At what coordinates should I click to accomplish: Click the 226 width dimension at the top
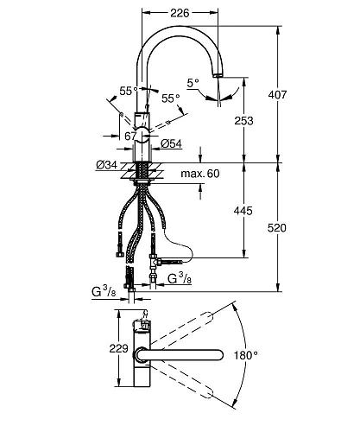tap(180, 13)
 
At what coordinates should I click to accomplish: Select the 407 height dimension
tap(277, 94)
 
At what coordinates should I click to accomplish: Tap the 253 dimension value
tap(243, 121)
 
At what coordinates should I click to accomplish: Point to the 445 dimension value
tap(243, 211)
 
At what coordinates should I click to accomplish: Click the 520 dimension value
tap(277, 228)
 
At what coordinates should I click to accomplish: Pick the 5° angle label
tap(193, 83)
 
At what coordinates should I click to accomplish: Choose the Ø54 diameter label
tap(171, 143)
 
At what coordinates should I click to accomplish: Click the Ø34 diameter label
tap(107, 165)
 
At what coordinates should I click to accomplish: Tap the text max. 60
tap(200, 174)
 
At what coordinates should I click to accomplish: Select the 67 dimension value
tap(130, 136)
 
